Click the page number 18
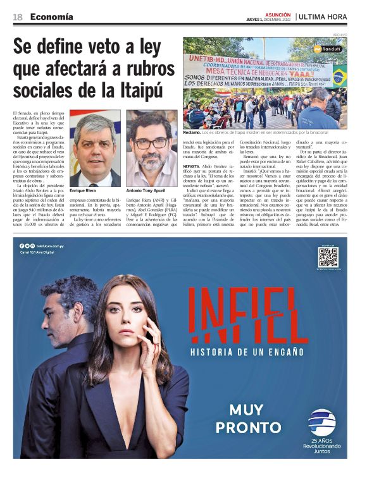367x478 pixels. pos(18,16)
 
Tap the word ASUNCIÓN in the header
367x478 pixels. pos(278,14)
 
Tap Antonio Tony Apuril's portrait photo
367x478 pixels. pos(151,149)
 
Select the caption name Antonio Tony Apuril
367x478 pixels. pos(146,190)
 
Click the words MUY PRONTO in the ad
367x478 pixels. pos(247,419)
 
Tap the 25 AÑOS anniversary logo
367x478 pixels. pos(322,431)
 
